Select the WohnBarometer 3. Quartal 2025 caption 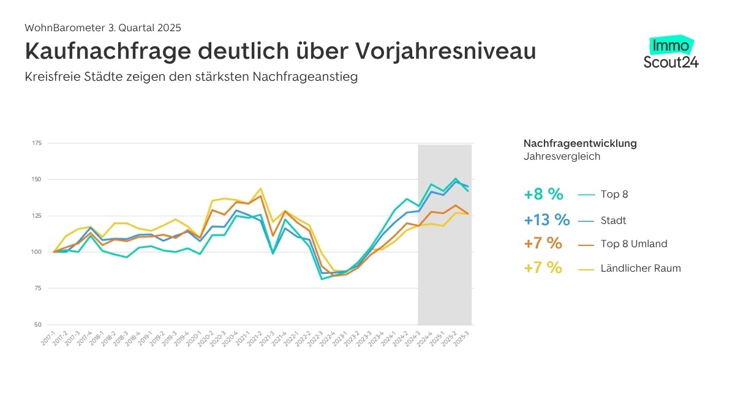[103, 28]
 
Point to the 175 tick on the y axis [37, 143]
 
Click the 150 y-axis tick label [37, 179]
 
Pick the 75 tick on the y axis [38, 288]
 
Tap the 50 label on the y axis [38, 324]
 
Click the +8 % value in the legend [543, 195]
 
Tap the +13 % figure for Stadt [547, 220]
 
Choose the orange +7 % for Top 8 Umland [543, 244]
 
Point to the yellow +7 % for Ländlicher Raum [543, 268]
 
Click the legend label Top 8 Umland [635, 244]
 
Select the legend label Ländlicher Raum [641, 268]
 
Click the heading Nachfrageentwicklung [580, 143]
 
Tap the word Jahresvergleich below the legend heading [562, 156]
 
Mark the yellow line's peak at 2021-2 [261, 188]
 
